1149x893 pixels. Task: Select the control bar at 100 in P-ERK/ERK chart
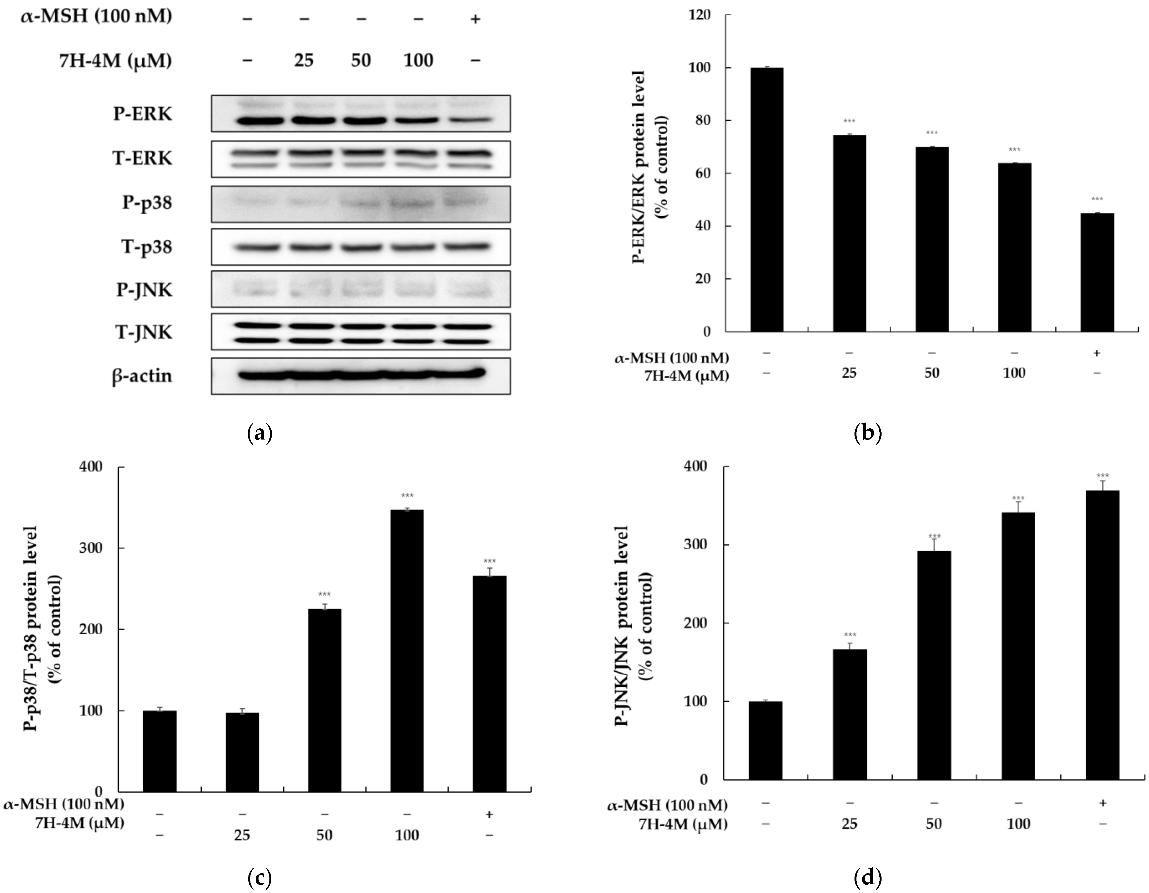click(767, 200)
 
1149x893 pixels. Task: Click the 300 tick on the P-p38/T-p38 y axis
click(91, 548)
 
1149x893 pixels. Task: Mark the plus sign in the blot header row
click(475, 20)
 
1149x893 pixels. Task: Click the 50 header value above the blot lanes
click(361, 60)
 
